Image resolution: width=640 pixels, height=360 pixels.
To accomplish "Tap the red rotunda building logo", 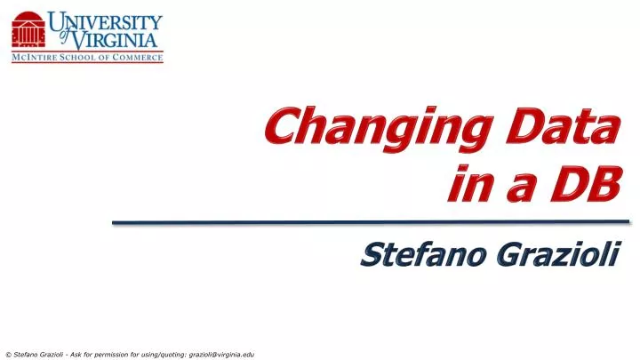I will pyautogui.click(x=29, y=31).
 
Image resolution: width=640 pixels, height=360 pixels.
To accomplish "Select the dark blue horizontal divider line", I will pyautogui.click(x=371, y=221).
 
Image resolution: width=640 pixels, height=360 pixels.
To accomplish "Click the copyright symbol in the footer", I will pyautogui.click(x=8, y=354).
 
